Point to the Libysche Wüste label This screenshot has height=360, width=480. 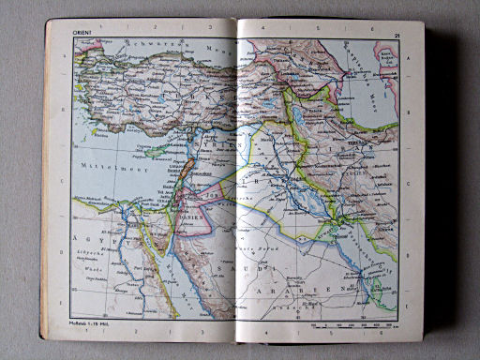[x=91, y=263]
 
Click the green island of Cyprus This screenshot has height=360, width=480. [x=158, y=149]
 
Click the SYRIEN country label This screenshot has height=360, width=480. [x=231, y=145]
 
